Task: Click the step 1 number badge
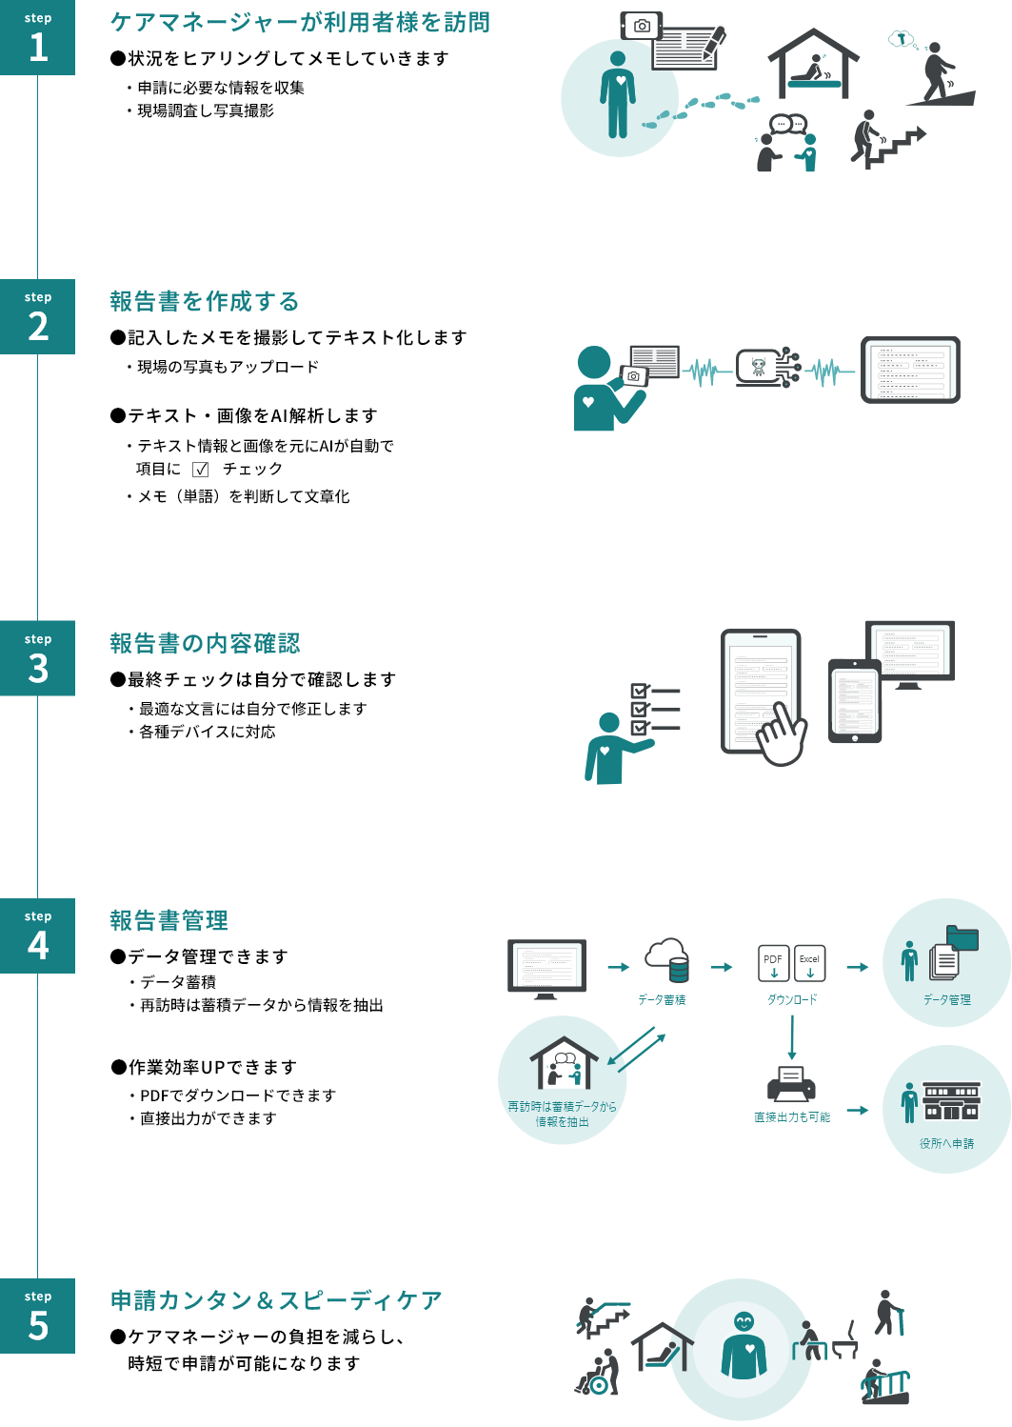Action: coord(37,37)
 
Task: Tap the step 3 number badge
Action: coord(37,658)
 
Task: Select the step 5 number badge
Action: coord(37,1316)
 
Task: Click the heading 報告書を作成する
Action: coord(205,302)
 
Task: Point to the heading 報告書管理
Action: coord(169,921)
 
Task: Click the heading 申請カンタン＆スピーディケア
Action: coord(276,1300)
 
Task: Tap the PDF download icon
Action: coord(773,963)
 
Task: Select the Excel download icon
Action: coord(810,963)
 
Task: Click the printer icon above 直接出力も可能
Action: coord(791,1083)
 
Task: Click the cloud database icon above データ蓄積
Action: coord(666,960)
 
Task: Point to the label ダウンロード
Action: coord(792,999)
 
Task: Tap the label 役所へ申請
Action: coord(946,1143)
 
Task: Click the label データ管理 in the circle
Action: coord(946,999)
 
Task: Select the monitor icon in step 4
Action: coord(546,968)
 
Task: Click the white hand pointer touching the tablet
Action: coord(781,734)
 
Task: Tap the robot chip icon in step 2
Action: coord(760,367)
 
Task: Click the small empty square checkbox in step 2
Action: coord(200,470)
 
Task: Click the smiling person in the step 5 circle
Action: coord(744,1344)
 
